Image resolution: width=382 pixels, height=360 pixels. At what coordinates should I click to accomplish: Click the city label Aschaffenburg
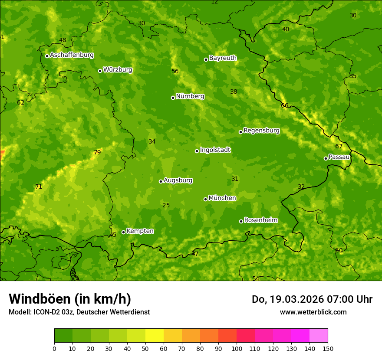tap(72, 55)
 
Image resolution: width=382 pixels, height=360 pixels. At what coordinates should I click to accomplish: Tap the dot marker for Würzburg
tap(100, 71)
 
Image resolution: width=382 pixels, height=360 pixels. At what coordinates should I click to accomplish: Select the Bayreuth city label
tap(223, 58)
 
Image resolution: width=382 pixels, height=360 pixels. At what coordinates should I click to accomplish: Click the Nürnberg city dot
tap(173, 98)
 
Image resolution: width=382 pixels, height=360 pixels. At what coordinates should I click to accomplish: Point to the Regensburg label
tap(261, 131)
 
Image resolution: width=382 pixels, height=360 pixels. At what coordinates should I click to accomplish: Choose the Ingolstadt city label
tap(215, 150)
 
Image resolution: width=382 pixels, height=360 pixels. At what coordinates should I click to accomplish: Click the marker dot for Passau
tap(326, 158)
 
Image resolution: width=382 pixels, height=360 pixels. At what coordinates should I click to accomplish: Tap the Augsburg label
tap(178, 180)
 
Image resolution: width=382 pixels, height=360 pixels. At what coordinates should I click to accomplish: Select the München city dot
tap(205, 199)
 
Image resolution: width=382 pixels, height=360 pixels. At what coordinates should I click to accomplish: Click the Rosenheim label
tap(260, 220)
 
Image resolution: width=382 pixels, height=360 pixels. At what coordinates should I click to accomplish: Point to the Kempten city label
tap(140, 231)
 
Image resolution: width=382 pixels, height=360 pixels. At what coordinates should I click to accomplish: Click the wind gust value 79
tap(97, 152)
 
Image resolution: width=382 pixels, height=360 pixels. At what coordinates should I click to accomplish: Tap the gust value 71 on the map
tap(39, 187)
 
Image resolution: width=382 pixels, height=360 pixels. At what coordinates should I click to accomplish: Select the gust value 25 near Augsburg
tap(166, 205)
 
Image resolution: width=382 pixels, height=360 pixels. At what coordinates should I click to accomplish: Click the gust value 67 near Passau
tap(339, 146)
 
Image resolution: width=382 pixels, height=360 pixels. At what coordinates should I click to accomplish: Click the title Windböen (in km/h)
tap(70, 299)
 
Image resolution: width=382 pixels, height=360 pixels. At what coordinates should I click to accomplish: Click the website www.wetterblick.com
tap(313, 312)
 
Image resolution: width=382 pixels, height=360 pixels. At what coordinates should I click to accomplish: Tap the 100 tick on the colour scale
tap(237, 348)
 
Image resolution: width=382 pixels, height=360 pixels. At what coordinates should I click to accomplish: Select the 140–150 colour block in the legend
tap(319, 336)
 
